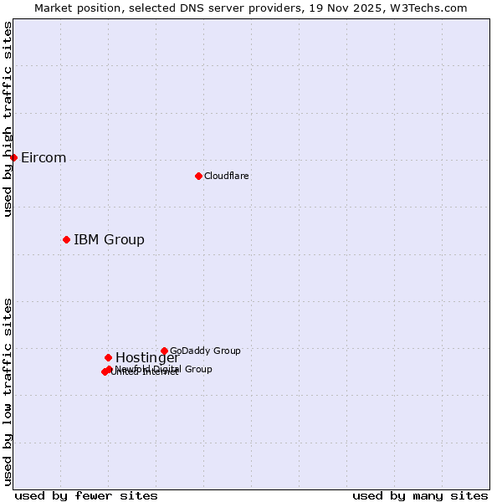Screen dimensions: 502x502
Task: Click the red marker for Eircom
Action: (13, 157)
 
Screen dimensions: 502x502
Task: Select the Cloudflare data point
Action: (198, 176)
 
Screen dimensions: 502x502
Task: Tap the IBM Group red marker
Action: (66, 239)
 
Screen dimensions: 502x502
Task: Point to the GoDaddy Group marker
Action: (164, 351)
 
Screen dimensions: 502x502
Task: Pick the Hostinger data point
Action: (108, 357)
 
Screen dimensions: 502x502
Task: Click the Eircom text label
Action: (44, 158)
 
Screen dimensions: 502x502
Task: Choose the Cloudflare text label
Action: (227, 176)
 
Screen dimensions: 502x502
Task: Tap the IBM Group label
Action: (109, 240)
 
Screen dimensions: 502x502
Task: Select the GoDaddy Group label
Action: (205, 351)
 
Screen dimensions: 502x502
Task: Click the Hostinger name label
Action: (147, 358)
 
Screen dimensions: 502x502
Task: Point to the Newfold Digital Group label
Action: (163, 369)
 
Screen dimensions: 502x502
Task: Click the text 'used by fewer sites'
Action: (86, 495)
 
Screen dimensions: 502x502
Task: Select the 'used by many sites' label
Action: (420, 495)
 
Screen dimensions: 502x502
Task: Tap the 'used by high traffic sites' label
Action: (8, 119)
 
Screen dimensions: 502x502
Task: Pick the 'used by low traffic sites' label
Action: (8, 392)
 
